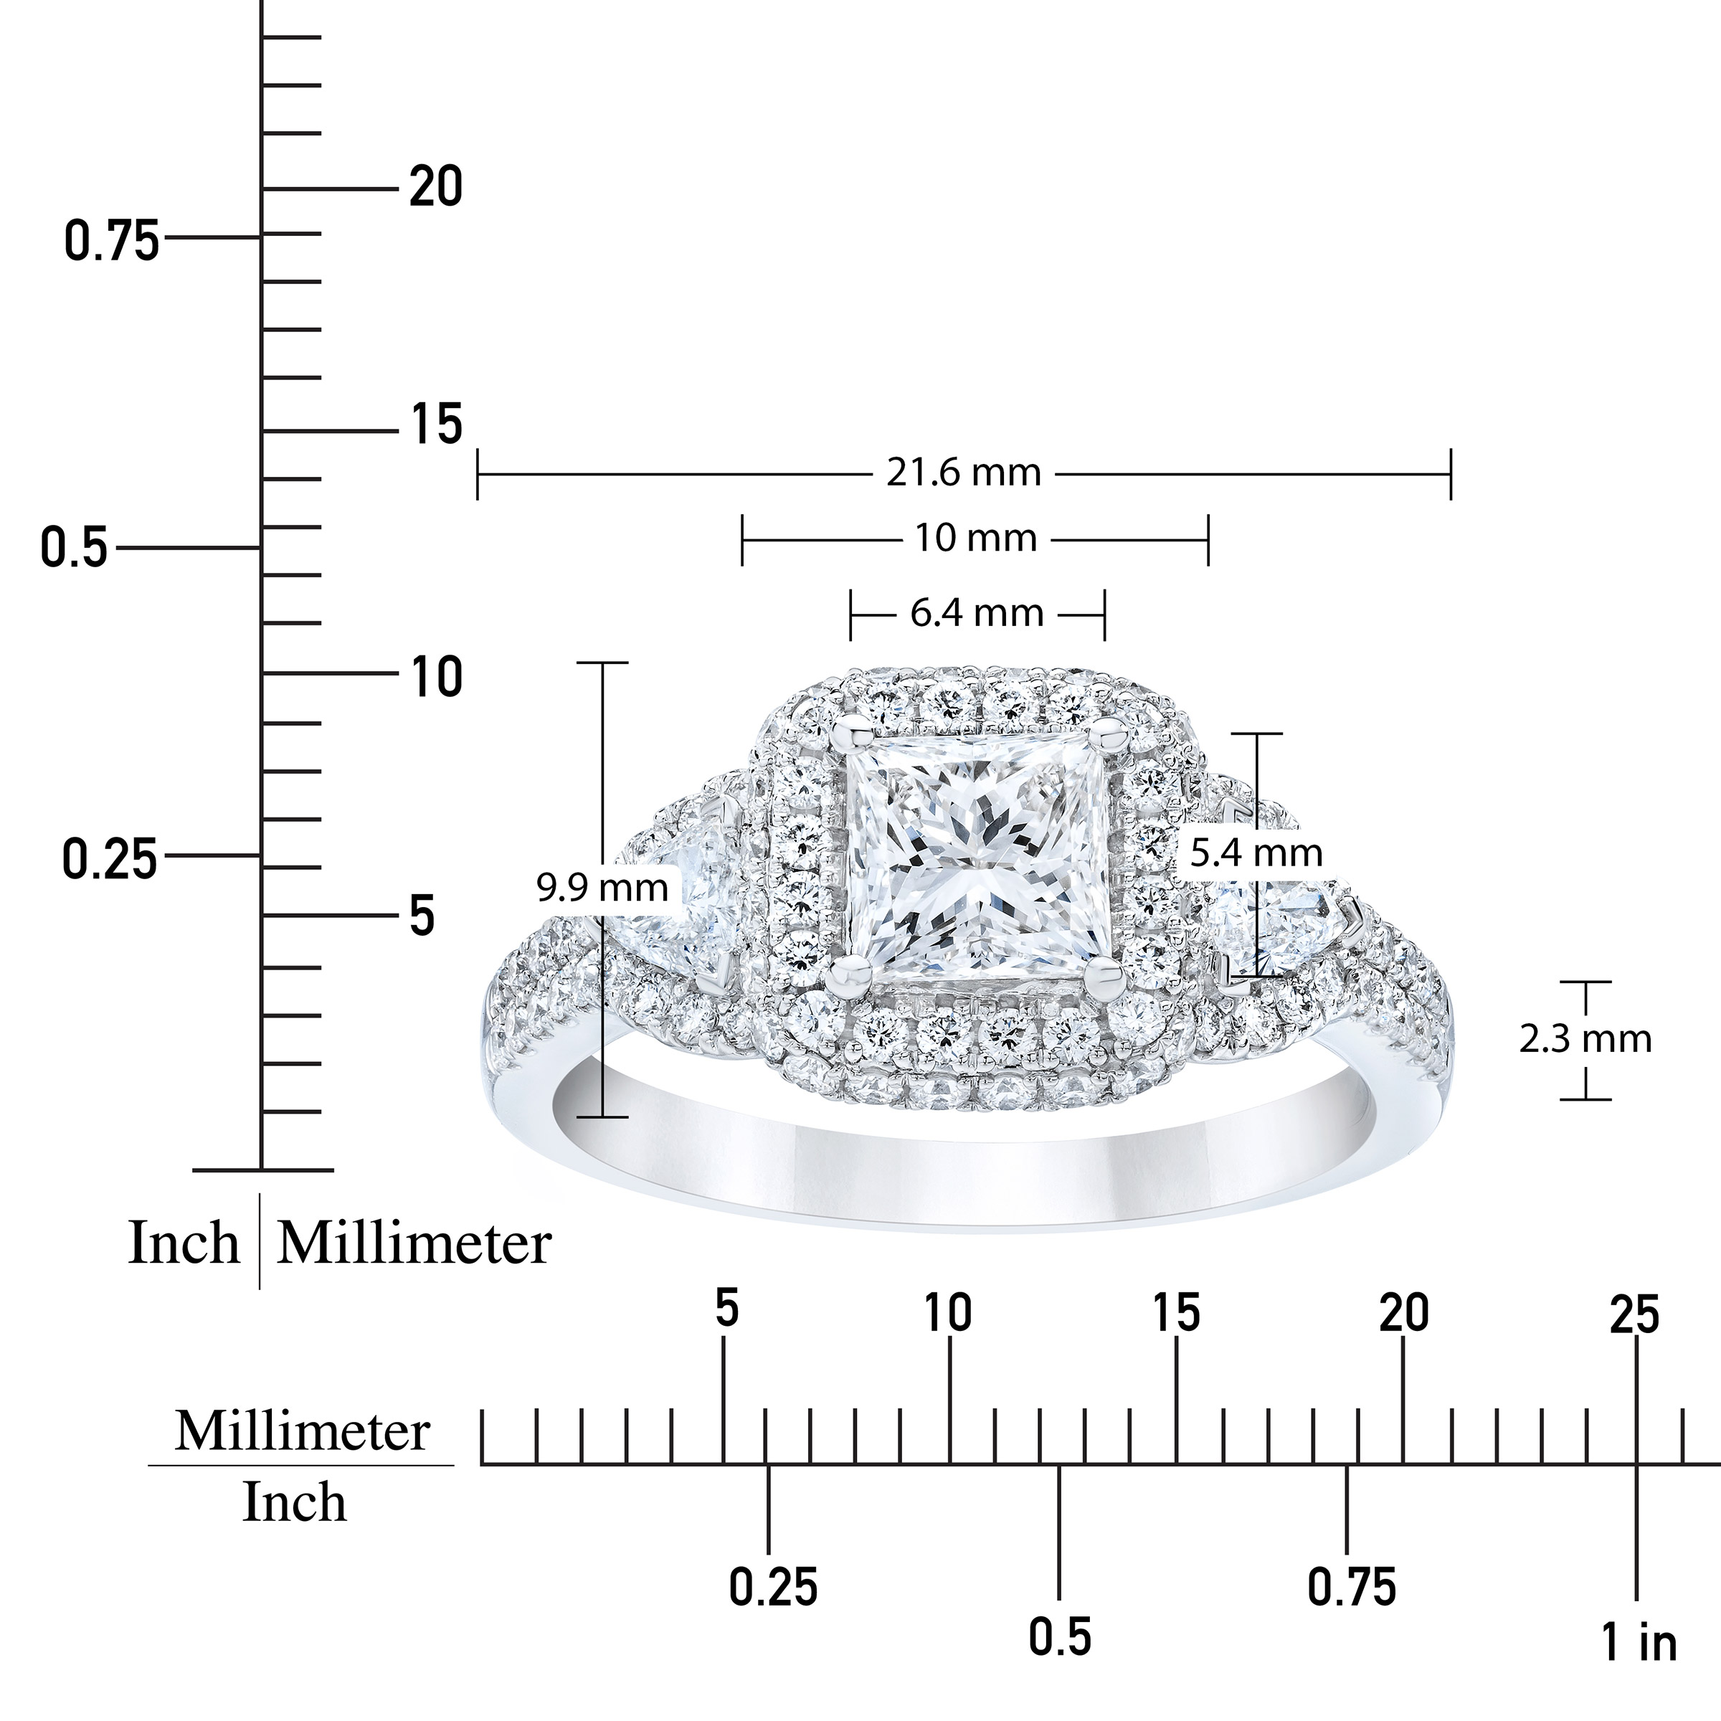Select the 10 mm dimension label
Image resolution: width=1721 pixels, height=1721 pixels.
click(x=975, y=538)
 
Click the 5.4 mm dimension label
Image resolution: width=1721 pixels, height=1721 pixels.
click(x=1256, y=853)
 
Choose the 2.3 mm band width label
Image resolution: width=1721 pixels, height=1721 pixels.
click(x=1585, y=1040)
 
